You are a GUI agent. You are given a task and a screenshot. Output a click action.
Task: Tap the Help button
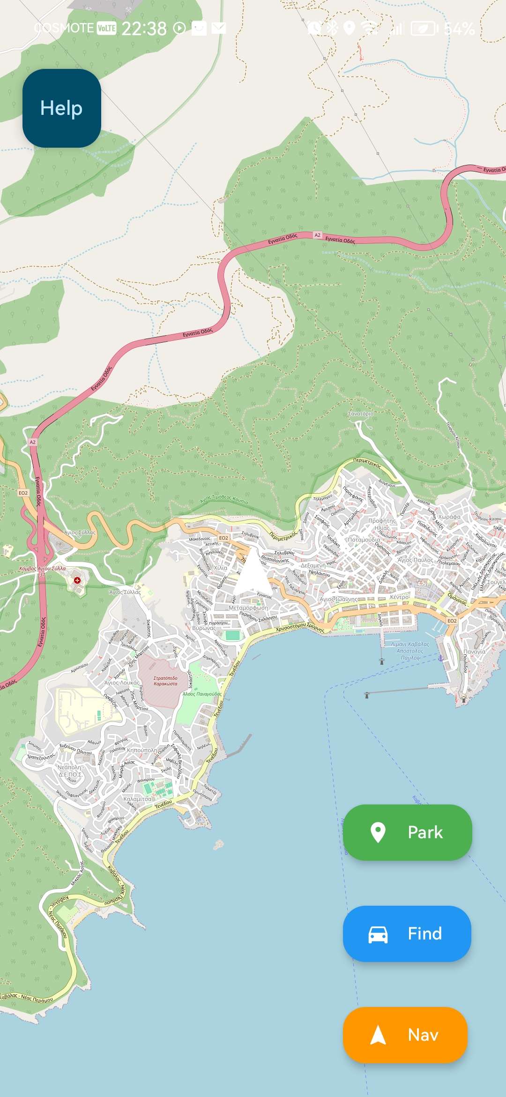click(61, 108)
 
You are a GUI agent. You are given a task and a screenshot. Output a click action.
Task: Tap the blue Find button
click(407, 933)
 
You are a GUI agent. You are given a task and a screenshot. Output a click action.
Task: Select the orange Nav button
click(405, 1035)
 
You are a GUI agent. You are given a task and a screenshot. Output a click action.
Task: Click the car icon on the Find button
click(378, 934)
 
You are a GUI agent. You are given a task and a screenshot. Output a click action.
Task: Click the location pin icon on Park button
click(378, 833)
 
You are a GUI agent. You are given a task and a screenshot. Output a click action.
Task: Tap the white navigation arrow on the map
click(253, 571)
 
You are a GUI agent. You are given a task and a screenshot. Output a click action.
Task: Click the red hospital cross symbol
click(77, 580)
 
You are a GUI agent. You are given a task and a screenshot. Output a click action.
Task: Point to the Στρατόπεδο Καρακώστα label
click(165, 681)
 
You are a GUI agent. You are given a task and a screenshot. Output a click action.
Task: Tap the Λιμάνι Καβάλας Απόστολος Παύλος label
click(410, 651)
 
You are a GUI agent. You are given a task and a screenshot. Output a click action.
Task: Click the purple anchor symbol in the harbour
click(440, 659)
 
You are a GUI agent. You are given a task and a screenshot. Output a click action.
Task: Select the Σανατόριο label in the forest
click(361, 413)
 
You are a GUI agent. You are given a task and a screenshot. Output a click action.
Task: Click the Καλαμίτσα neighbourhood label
click(137, 799)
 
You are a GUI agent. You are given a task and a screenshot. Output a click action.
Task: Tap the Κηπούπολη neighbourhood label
click(142, 750)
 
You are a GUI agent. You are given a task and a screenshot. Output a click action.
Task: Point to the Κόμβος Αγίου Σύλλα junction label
click(42, 569)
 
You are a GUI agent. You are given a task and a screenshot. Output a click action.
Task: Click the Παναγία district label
click(474, 652)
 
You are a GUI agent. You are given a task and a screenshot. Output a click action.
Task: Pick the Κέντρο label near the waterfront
click(399, 597)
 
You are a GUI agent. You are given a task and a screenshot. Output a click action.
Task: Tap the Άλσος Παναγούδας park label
click(202, 694)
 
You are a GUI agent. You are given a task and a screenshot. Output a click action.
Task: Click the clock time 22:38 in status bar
click(144, 29)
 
